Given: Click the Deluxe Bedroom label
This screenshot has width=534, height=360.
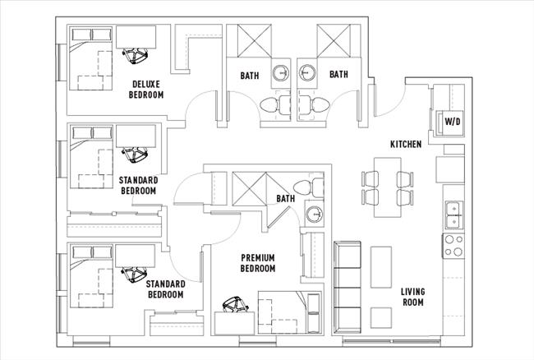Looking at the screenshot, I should (146, 90).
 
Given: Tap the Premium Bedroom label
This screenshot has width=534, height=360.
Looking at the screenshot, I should (257, 263).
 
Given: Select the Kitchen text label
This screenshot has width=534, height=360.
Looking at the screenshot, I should (405, 145).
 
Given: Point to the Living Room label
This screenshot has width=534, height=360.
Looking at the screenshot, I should (412, 297).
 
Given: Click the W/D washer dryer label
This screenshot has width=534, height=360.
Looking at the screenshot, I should (452, 122).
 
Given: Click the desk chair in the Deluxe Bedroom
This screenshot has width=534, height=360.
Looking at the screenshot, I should (132, 56).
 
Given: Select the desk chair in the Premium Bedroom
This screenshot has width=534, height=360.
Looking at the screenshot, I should (236, 304).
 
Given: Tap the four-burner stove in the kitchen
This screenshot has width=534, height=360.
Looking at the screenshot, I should (453, 244).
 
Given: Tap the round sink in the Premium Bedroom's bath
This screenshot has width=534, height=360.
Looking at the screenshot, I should (313, 215).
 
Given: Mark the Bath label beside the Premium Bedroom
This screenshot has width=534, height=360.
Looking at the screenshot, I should (285, 199).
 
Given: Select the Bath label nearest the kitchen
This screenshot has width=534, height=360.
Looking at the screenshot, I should (338, 75).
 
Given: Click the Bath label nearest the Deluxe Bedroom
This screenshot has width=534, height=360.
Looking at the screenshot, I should (250, 75).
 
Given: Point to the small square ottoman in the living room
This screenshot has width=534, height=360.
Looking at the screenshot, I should (380, 316).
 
